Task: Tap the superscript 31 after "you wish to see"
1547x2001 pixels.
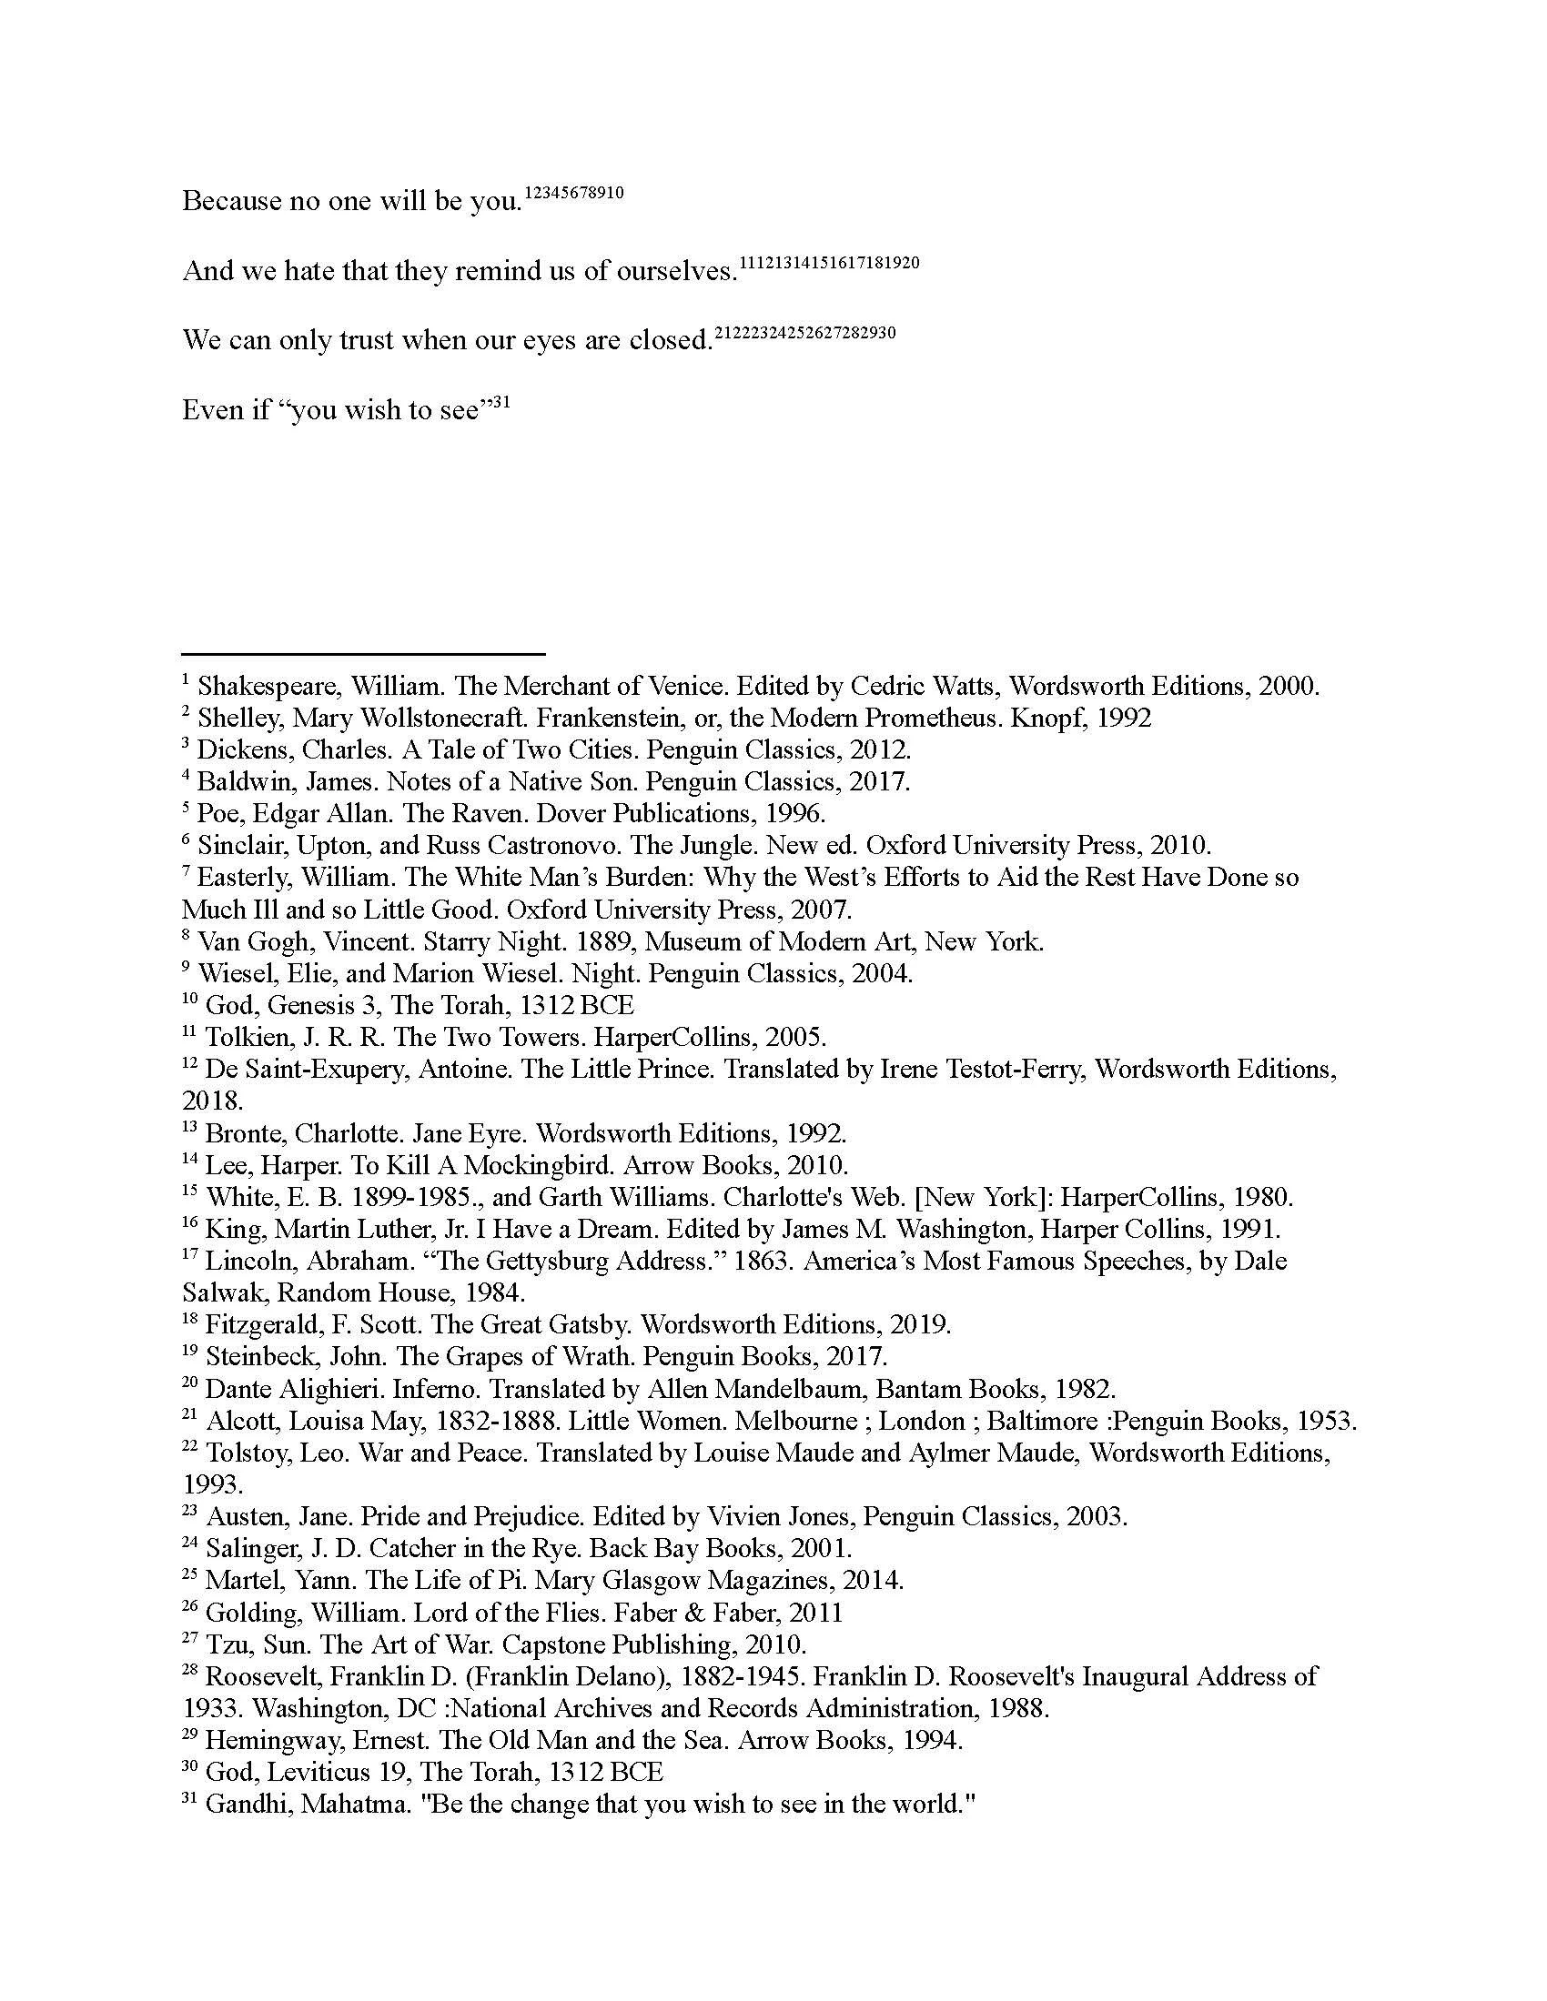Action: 501,399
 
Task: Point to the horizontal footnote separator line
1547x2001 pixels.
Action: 364,654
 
